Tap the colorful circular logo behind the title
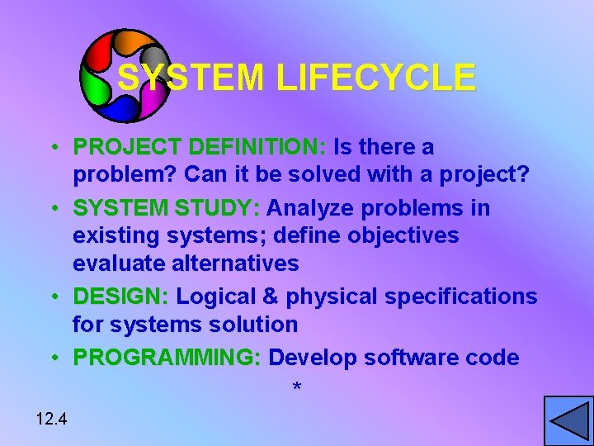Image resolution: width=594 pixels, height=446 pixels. pos(125,75)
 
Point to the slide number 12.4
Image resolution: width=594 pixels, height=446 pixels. pos(51,420)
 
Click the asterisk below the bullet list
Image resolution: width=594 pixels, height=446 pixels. pos(297,387)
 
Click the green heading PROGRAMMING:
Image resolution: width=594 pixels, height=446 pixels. pos(167,358)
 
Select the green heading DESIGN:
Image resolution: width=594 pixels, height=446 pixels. pos(121,297)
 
